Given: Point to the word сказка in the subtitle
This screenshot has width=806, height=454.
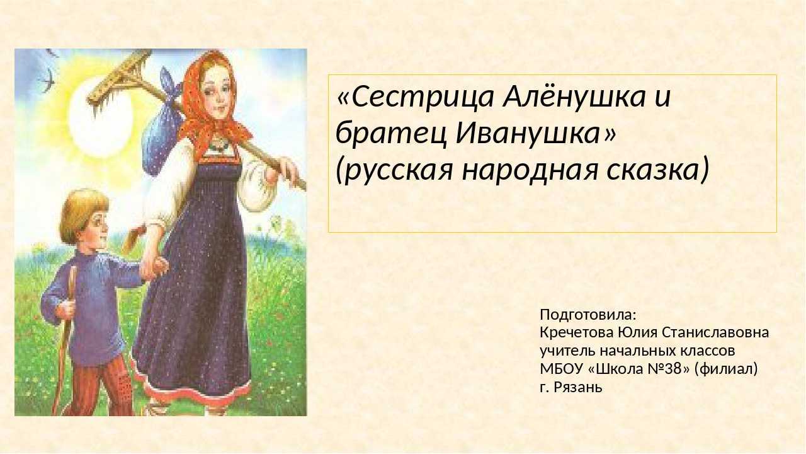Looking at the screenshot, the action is point(657,170).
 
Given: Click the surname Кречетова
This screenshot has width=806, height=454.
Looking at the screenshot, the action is point(577,332).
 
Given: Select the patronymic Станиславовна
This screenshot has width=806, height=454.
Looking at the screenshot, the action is point(715,332).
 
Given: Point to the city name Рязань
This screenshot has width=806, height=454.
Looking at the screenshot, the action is point(578,388).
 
